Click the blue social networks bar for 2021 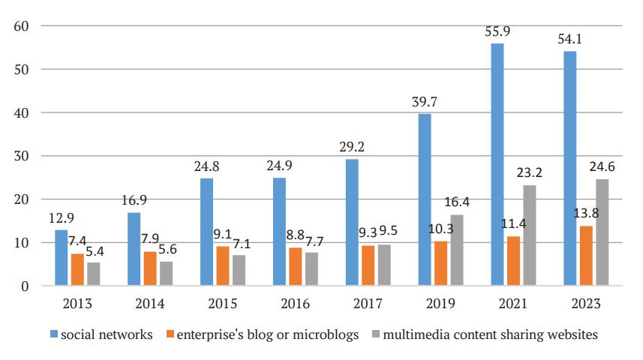click(x=497, y=165)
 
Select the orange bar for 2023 click(x=586, y=256)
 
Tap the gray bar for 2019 click(x=457, y=250)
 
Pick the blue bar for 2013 click(x=61, y=258)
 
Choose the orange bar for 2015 click(x=223, y=266)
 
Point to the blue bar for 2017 click(x=351, y=223)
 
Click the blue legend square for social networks click(x=56, y=335)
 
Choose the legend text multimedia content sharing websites click(x=490, y=335)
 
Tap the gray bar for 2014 click(x=166, y=274)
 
